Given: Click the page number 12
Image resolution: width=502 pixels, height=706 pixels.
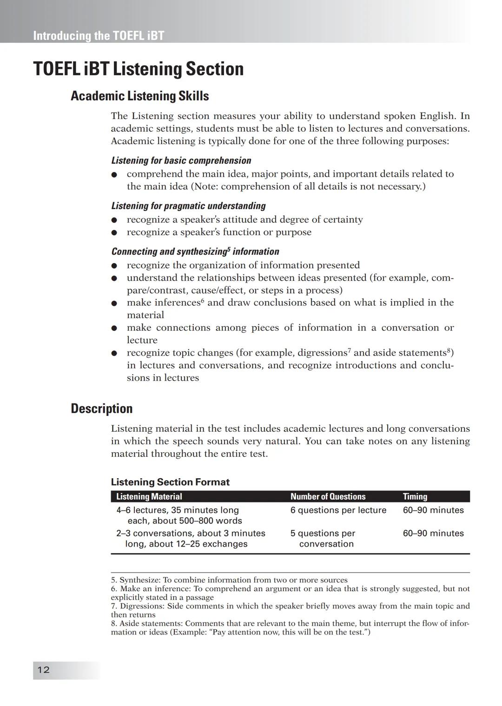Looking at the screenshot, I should point(43,670).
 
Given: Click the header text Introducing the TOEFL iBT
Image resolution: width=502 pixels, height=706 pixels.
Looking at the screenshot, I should point(98,36).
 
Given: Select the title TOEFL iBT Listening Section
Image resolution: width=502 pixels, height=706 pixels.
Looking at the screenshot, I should point(138,69).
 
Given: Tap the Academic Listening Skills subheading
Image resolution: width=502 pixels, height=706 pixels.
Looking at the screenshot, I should point(139,96).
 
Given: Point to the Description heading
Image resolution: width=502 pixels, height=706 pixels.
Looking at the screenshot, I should point(101,409).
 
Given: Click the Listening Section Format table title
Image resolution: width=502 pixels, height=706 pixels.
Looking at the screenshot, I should point(170,482).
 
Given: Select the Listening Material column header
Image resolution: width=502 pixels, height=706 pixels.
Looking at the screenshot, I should point(149,496).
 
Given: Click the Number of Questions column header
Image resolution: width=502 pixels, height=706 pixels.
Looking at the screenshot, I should point(328,496).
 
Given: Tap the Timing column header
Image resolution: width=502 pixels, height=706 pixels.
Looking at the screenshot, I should point(415,496).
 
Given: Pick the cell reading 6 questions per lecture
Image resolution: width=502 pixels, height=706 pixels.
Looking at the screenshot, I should point(338,510).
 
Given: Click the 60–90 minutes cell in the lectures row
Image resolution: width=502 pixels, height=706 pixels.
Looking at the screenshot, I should point(433,510).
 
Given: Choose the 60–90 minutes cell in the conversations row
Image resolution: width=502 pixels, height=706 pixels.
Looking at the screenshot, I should point(433,533).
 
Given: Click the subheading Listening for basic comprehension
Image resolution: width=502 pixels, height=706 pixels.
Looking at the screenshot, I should point(181,160).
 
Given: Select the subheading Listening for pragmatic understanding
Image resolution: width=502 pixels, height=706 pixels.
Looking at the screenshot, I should point(188,206).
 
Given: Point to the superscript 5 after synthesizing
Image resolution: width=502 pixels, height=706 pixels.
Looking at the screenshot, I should point(229,249).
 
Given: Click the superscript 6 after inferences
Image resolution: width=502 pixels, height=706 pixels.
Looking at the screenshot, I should point(203,300).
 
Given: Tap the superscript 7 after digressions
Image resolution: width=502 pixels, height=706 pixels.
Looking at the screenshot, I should point(349,350).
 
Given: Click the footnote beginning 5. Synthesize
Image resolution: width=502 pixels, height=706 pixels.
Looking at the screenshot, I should point(229,580).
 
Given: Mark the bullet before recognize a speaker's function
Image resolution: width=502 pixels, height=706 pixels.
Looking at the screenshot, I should point(114,232).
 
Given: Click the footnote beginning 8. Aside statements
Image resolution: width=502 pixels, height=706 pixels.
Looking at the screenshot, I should point(290,627).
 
